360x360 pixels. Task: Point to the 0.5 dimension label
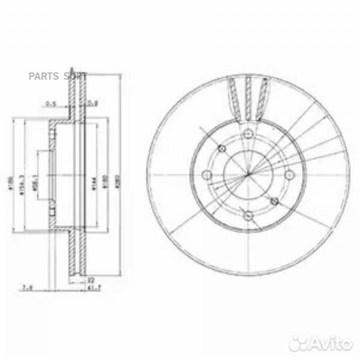(x=51, y=103)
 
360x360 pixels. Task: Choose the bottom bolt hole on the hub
(x=247, y=216)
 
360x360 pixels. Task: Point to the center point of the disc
(x=247, y=175)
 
